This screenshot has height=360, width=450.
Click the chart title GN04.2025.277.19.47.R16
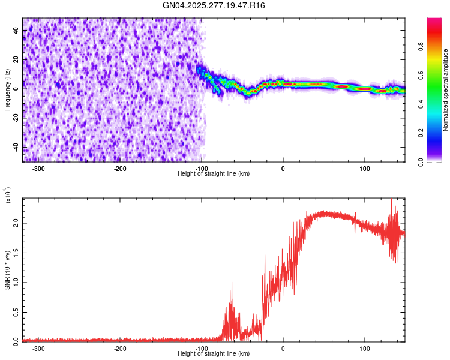click(214, 5)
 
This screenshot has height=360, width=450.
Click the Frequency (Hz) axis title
click(7, 89)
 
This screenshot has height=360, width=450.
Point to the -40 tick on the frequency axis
click(17, 147)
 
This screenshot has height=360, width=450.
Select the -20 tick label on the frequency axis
click(17, 118)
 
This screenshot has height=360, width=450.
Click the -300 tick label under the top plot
click(38, 168)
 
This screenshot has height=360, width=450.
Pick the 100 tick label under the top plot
click(364, 168)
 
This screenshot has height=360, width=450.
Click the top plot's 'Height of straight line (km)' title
click(214, 173)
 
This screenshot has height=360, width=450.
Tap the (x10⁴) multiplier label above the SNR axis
click(8, 195)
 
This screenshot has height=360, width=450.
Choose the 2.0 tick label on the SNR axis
click(17, 223)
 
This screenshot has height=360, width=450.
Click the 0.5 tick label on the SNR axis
click(17, 311)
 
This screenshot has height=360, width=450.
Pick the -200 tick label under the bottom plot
click(120, 348)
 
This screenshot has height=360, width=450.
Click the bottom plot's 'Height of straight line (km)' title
click(214, 354)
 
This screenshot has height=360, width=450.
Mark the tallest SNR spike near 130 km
click(392, 200)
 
